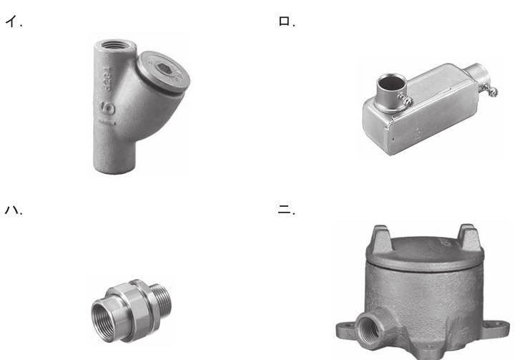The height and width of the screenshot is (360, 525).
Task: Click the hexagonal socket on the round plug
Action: coord(165,68)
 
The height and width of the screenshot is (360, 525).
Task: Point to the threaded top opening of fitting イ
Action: coord(115,44)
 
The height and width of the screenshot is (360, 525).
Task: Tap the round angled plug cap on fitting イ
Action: coord(163,72)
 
